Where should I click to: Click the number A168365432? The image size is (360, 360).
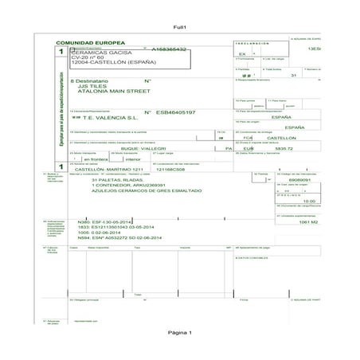(169, 49)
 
